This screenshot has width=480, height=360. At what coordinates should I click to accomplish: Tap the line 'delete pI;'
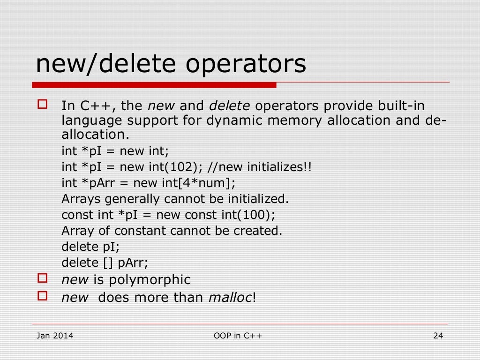[87, 247]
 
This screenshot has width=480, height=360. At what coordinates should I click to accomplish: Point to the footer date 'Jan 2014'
[55, 336]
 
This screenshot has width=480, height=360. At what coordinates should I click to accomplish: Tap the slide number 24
[438, 336]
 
